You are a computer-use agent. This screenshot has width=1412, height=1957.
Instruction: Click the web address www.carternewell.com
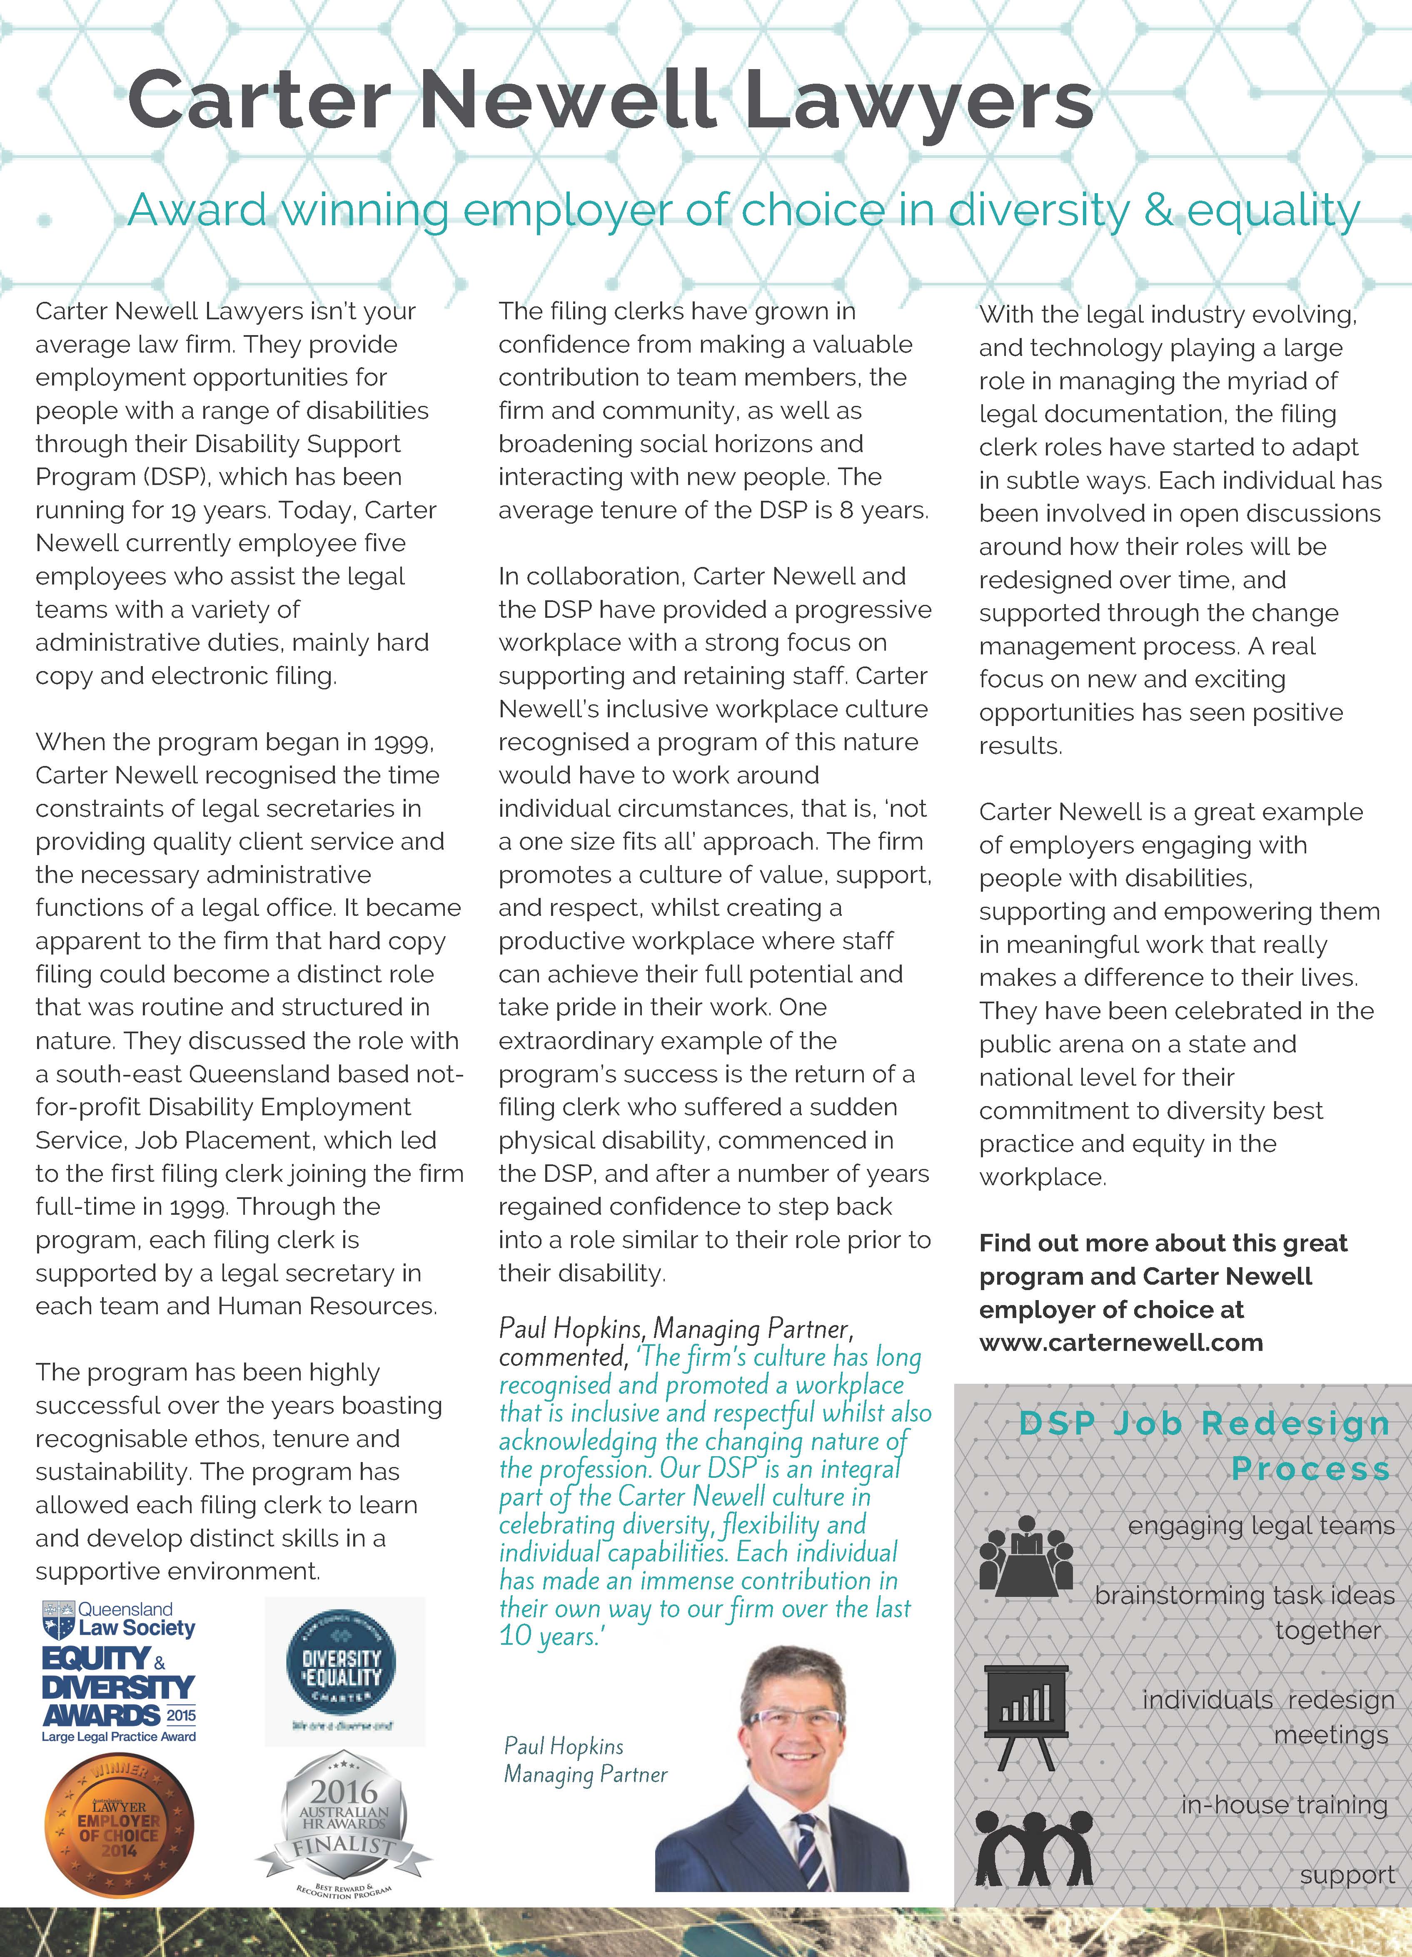[x=1120, y=1343]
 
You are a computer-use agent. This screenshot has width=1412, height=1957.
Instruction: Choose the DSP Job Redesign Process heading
[x=1204, y=1445]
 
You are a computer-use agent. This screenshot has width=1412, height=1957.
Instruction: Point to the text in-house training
[x=1284, y=1805]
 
